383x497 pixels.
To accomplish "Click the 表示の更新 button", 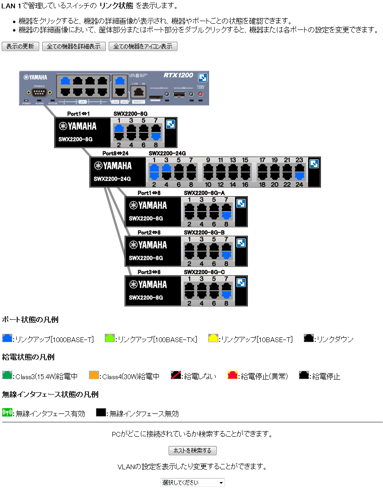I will click(x=20, y=47).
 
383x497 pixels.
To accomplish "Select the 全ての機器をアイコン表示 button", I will click(x=143, y=47).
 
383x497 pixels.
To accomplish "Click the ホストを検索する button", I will click(x=192, y=450).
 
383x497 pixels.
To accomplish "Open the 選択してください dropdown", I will click(x=192, y=482).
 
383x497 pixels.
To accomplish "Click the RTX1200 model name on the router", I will click(x=178, y=76).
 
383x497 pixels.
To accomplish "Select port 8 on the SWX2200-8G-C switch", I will click(x=226, y=295).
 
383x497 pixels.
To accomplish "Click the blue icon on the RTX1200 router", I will click(x=203, y=78).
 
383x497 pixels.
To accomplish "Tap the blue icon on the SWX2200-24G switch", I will click(x=314, y=164).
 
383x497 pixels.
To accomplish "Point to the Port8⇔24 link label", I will click(x=115, y=153).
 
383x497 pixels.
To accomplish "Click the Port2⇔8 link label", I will click(x=149, y=232).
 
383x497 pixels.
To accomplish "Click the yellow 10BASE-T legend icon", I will click(x=213, y=338).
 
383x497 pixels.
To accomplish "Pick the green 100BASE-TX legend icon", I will click(x=110, y=338).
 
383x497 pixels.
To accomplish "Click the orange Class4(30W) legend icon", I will click(x=94, y=375).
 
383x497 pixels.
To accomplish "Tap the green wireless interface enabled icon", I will click(x=7, y=413).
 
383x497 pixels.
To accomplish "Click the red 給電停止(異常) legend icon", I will click(x=233, y=375).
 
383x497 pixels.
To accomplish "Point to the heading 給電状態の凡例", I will click(x=28, y=357).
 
